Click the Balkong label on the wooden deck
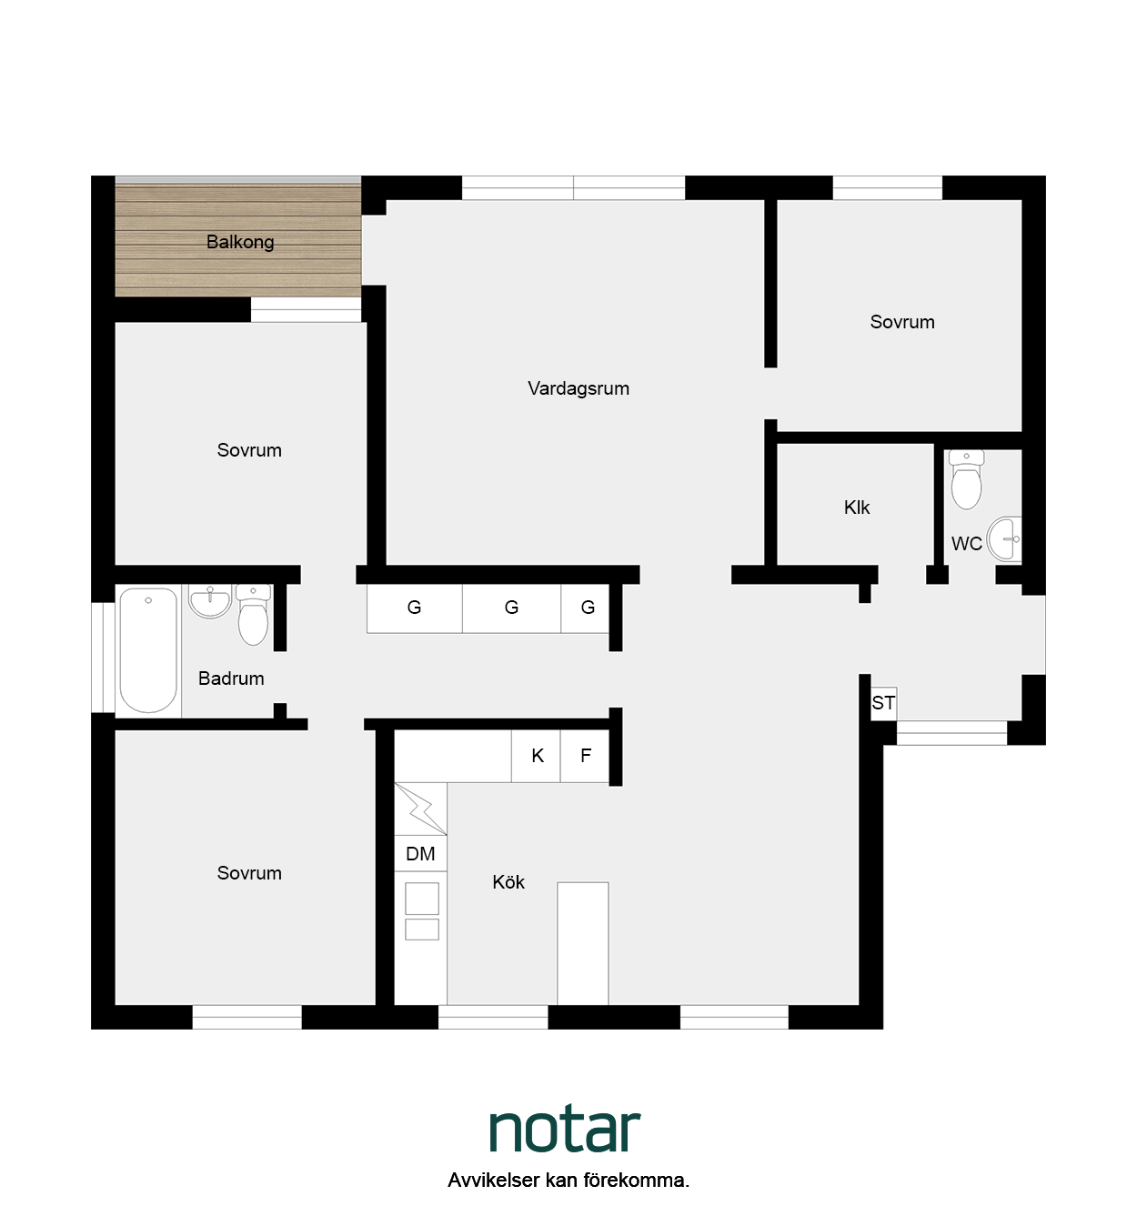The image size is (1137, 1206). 240,242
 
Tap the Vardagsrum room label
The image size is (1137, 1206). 579,388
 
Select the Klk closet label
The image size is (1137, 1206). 857,508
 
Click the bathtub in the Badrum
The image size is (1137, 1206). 148,649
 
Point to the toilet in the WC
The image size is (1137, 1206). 966,479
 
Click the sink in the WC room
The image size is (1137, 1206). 1004,538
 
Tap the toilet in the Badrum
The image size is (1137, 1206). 253,615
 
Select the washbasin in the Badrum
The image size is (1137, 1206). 209,601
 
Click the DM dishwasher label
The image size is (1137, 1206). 420,854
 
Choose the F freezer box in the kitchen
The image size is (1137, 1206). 585,756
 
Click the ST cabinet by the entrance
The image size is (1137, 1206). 884,703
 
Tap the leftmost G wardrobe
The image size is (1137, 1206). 414,608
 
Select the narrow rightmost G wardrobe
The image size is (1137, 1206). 586,608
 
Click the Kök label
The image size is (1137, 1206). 508,882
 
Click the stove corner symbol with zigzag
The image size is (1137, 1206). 420,809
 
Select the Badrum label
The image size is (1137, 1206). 231,678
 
